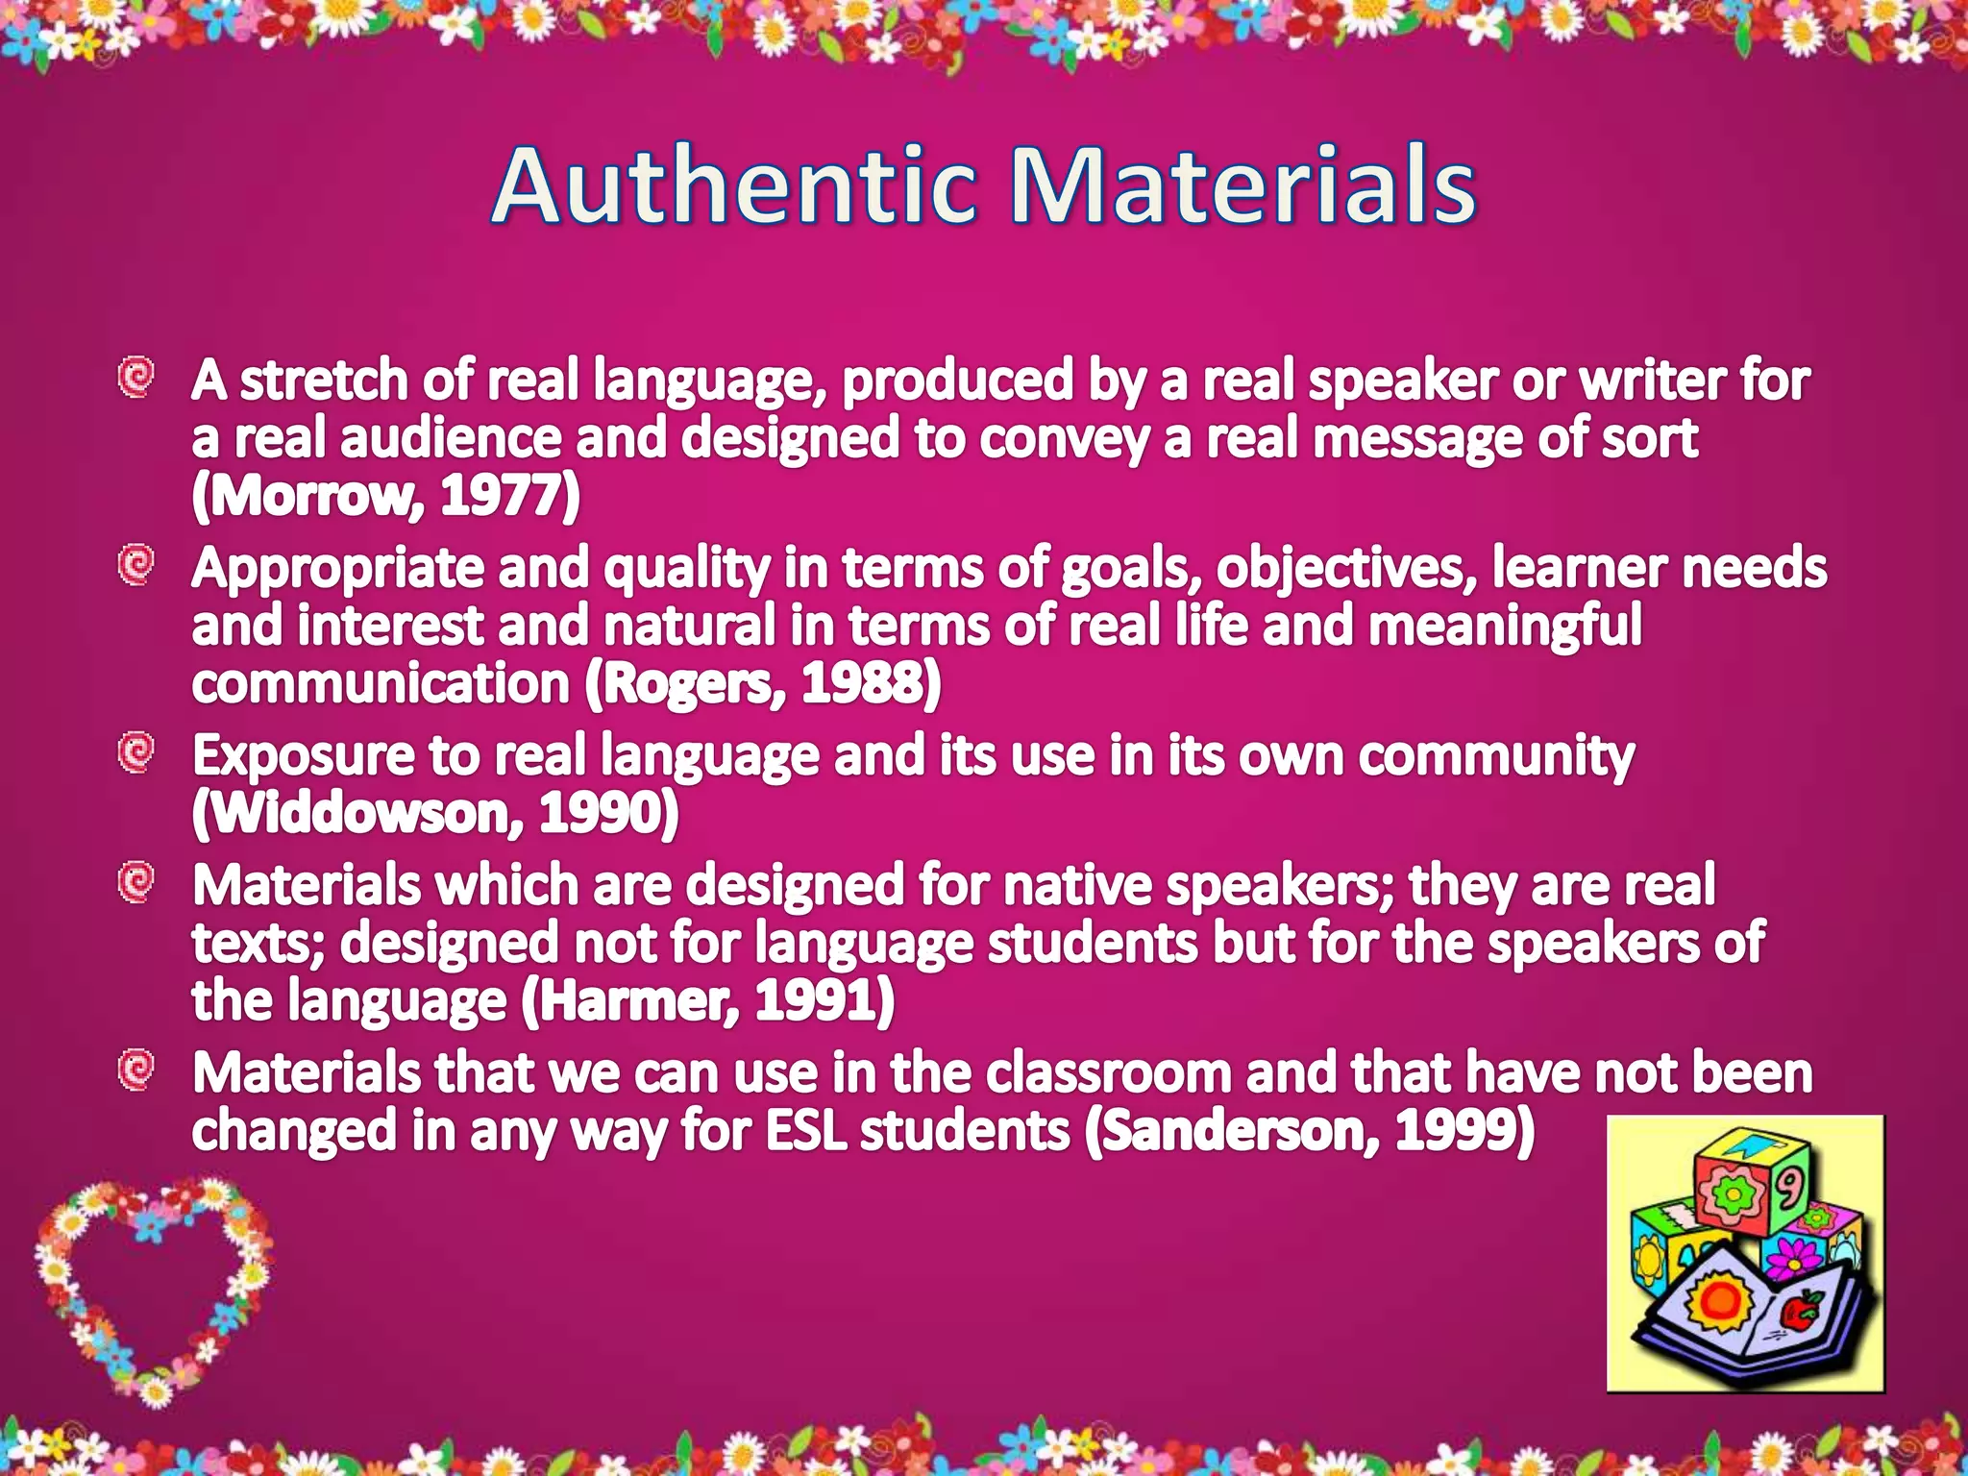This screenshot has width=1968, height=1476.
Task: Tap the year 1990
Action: [601, 814]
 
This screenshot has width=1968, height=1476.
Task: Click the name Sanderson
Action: [1238, 1131]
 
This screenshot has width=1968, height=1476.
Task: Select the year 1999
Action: [1456, 1131]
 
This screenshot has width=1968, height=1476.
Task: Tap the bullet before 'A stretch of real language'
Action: [136, 378]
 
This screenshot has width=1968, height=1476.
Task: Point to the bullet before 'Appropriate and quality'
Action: [136, 565]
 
